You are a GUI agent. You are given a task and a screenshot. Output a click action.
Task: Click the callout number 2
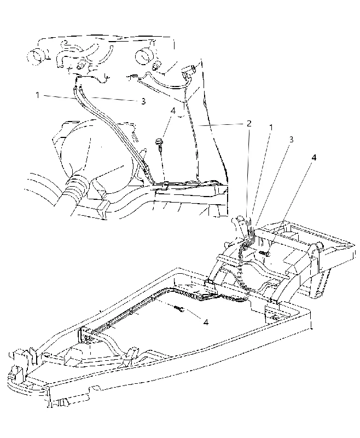click(248, 123)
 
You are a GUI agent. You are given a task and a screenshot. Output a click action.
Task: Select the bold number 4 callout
click(314, 158)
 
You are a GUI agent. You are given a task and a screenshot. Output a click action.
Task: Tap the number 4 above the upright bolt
click(173, 111)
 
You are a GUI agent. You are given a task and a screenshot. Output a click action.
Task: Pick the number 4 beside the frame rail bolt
click(206, 322)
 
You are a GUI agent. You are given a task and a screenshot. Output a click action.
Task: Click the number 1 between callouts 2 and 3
click(270, 128)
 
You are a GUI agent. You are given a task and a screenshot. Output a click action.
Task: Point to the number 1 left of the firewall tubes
click(37, 95)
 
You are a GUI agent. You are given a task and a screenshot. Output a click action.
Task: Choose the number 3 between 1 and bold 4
click(292, 140)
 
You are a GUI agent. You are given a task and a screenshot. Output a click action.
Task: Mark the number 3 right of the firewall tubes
click(143, 101)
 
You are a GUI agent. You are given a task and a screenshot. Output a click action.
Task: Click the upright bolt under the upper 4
click(159, 145)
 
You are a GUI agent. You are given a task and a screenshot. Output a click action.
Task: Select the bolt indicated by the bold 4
click(264, 253)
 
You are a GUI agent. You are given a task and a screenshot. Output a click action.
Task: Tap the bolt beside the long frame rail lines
click(179, 308)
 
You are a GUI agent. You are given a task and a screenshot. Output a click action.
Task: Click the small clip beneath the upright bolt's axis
click(165, 184)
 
